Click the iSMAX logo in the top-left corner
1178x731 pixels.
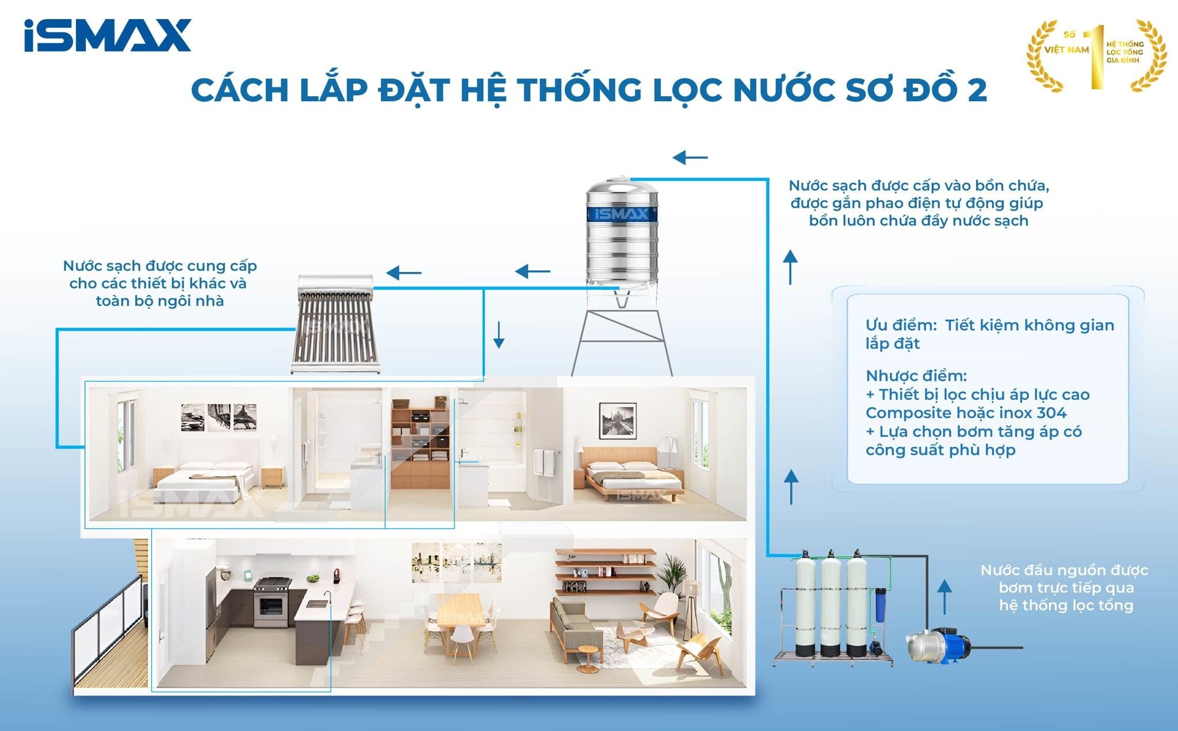tap(108, 36)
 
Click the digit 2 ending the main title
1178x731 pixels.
tap(976, 90)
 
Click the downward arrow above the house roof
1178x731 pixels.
tap(499, 335)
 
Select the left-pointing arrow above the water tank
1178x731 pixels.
tap(690, 157)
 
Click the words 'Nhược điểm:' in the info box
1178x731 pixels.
tap(916, 376)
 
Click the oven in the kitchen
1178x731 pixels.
tap(270, 606)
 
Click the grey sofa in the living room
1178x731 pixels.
tap(575, 624)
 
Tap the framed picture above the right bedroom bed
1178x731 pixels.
tap(617, 421)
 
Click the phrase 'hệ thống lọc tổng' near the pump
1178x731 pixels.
tap(1066, 606)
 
